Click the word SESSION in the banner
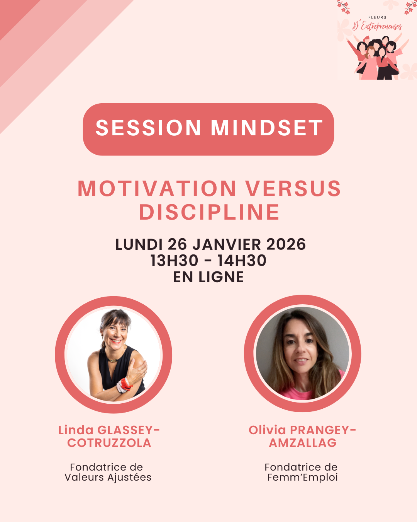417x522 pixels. (x=148, y=128)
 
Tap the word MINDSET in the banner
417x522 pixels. (x=266, y=128)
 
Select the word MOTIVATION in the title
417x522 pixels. (x=157, y=188)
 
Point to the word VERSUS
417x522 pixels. (x=293, y=188)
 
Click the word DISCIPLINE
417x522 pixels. (x=209, y=212)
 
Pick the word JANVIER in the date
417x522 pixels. (x=227, y=244)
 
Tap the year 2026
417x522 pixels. (x=286, y=244)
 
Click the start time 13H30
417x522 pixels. (x=174, y=261)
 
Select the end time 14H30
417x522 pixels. (x=242, y=261)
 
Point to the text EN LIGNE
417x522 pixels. (x=208, y=277)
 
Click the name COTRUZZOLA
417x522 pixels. (x=109, y=443)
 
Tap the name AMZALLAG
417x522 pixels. (x=303, y=443)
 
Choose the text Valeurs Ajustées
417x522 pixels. (x=108, y=477)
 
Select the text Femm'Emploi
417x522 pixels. (x=302, y=477)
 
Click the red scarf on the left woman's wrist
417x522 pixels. (x=124, y=385)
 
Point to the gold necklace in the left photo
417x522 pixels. (x=112, y=360)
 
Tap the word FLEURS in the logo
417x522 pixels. (x=377, y=17)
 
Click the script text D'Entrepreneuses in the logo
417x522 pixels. (x=377, y=26)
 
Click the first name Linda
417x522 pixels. (x=76, y=430)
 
